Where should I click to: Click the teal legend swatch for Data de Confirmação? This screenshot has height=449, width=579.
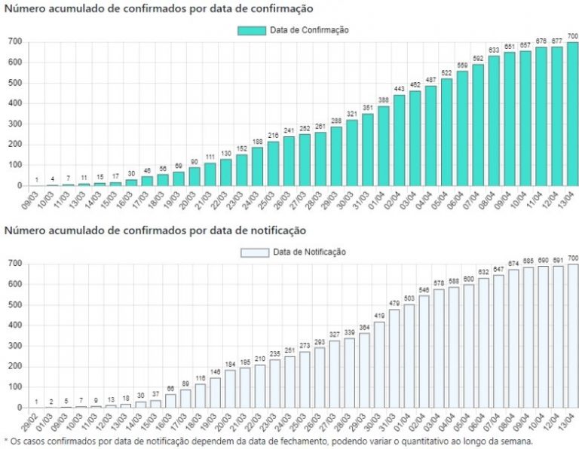252,30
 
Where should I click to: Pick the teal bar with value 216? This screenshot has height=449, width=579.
273,163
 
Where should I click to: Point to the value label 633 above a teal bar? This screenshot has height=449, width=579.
494,50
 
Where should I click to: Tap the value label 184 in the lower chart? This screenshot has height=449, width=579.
231,365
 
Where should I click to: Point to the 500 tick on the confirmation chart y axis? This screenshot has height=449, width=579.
14,83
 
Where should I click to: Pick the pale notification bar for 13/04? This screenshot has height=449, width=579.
573,336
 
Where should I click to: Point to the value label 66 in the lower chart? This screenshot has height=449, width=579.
171,389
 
